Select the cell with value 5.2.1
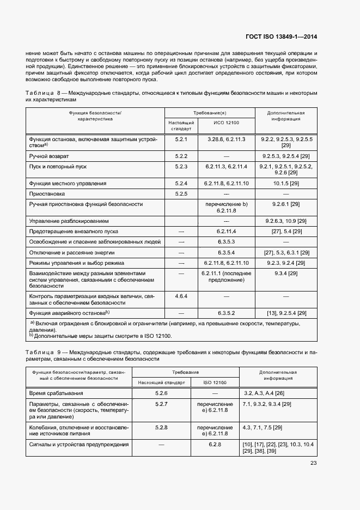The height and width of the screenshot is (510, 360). (181, 139)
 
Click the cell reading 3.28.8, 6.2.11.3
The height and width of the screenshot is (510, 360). (226, 139)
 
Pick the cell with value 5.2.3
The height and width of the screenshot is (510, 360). (181, 166)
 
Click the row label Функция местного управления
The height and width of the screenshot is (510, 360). (68, 183)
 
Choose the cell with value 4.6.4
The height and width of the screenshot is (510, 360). (181, 296)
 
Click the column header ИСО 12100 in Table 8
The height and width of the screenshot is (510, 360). (226, 123)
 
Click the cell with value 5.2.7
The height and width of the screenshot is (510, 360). (161, 404)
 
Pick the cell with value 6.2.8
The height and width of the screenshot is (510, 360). (214, 445)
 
